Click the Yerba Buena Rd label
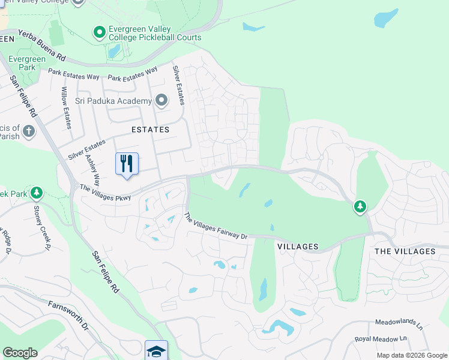[x=41, y=46]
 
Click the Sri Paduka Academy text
[x=113, y=101]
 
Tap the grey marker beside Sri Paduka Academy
[x=161, y=101]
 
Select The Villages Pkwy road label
[x=105, y=193]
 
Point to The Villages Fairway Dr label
[x=215, y=227]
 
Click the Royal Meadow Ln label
[x=381, y=339]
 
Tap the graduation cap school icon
[x=156, y=350]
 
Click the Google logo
[x=20, y=353]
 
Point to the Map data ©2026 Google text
[x=412, y=355]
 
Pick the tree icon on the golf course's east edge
[x=360, y=207]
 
